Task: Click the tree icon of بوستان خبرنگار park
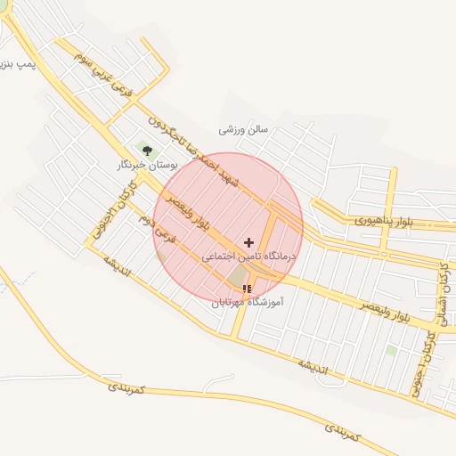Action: tap(147, 151)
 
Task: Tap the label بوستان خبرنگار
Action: tap(147, 166)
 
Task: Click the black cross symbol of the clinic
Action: tap(248, 242)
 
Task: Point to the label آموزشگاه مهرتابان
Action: tap(247, 302)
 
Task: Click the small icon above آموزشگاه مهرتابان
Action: tap(247, 289)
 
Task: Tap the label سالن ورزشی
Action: tap(243, 129)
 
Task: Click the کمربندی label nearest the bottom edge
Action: tap(343, 433)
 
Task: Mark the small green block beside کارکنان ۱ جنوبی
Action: tap(391, 351)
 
